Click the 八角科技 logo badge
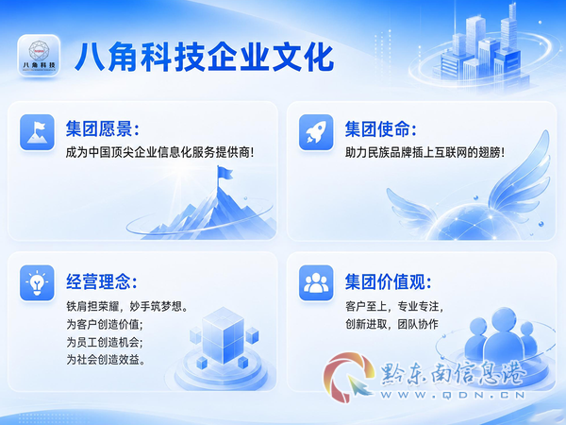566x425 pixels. coord(39,56)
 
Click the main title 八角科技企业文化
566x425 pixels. coord(205,57)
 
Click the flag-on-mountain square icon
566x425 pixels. coord(37,132)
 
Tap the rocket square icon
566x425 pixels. coord(316,132)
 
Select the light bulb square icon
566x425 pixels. coord(37,282)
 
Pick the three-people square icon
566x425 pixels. coord(316,282)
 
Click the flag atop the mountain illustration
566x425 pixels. coord(224,174)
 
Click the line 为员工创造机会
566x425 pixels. coord(105,342)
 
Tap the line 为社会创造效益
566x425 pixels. coord(106,359)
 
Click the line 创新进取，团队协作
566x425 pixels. coord(391,324)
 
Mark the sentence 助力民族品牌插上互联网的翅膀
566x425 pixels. coord(424,152)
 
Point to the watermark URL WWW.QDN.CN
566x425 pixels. coord(453,395)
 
